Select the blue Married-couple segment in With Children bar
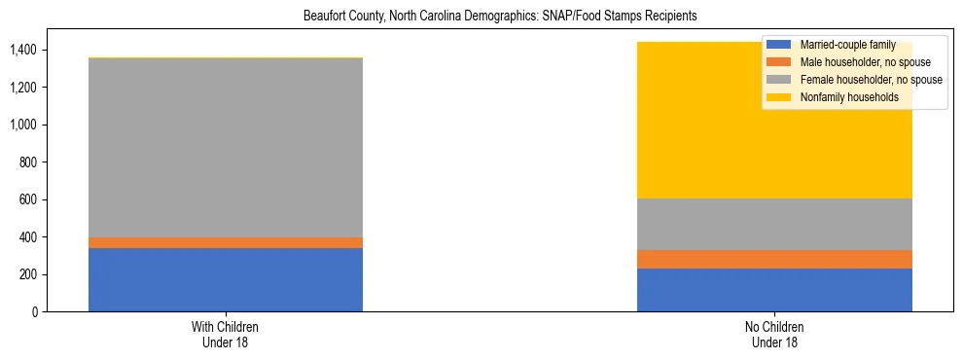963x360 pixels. click(226, 280)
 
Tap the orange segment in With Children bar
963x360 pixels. click(226, 242)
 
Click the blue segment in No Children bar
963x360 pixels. click(774, 290)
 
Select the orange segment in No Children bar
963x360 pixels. click(774, 259)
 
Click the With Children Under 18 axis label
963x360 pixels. click(226, 334)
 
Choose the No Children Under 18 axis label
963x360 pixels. click(774, 334)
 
